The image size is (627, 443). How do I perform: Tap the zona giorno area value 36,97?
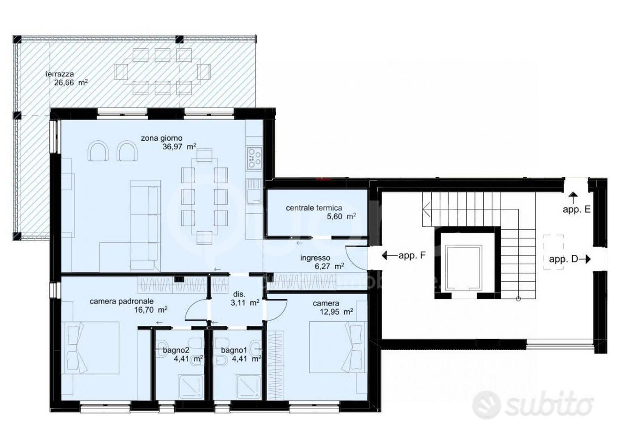172,146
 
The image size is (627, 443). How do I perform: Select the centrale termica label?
314,208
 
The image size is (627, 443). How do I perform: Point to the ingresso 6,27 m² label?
322,262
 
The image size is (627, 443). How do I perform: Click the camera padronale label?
121,301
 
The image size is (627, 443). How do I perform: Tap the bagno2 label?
176,350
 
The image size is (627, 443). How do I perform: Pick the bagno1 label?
234,350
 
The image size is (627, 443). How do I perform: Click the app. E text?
577,209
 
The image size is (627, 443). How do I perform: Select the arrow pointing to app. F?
390,255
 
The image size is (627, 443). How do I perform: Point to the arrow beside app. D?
585,259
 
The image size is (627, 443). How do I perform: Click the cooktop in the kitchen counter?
254,158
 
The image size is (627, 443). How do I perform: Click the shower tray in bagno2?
191,387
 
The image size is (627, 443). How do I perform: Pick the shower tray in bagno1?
249,387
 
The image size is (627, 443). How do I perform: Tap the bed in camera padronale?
90,347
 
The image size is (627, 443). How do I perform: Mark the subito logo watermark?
533,405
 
